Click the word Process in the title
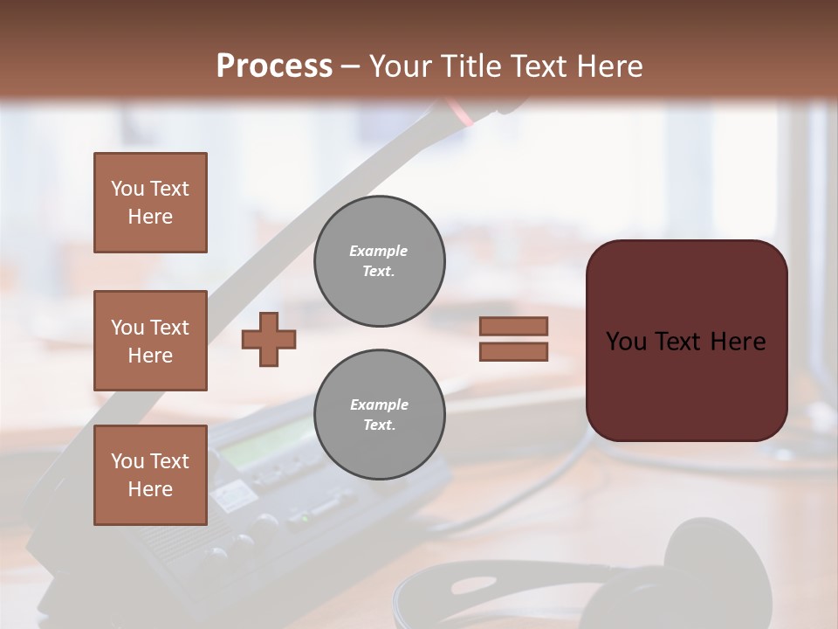274,66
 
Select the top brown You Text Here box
150,203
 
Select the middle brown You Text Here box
150,341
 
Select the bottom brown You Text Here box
150,475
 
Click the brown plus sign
269,339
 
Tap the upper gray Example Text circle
379,261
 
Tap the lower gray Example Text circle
379,415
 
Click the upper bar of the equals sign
513,327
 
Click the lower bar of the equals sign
513,352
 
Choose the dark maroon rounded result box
686,341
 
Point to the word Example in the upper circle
378,251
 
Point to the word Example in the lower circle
379,404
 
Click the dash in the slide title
351,67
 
